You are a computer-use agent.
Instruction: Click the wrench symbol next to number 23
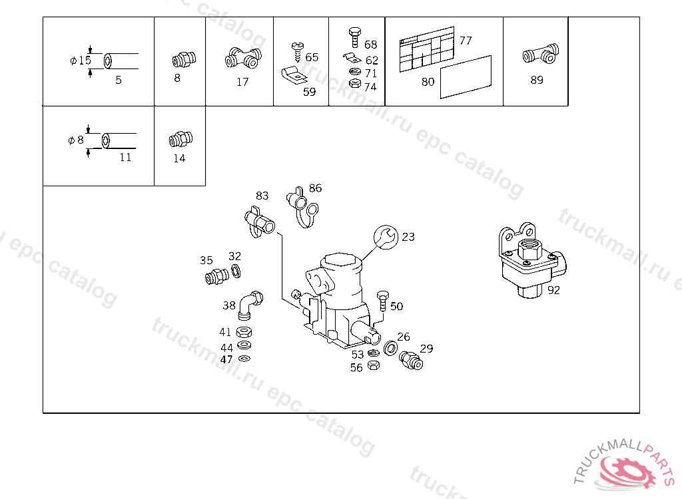[386, 238]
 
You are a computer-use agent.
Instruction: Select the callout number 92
[553, 290]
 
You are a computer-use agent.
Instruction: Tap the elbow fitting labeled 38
[250, 305]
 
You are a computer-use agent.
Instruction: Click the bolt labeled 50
[383, 301]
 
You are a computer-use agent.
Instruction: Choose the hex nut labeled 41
[244, 333]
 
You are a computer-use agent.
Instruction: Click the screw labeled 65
[298, 52]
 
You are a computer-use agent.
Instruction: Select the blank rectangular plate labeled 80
[466, 77]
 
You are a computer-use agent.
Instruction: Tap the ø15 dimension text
[81, 61]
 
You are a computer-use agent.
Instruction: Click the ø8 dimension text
[76, 140]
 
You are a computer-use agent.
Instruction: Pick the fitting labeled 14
[180, 139]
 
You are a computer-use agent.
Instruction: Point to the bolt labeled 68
[355, 37]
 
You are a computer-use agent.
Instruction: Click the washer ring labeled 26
[390, 348]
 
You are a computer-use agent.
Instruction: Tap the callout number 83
[262, 196]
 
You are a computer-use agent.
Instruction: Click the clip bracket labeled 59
[294, 76]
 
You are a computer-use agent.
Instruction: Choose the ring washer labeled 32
[236, 271]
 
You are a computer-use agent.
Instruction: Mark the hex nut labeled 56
[373, 365]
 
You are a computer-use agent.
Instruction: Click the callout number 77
[466, 41]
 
